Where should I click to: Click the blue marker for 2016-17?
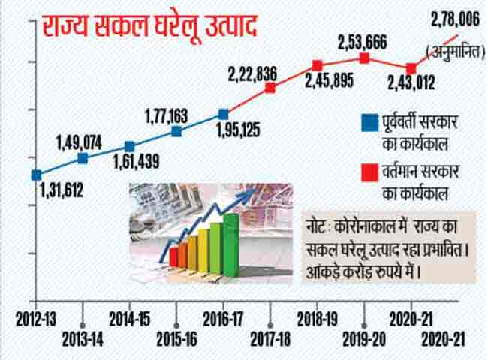tap(223, 114)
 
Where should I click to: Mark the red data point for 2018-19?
tap(317, 66)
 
